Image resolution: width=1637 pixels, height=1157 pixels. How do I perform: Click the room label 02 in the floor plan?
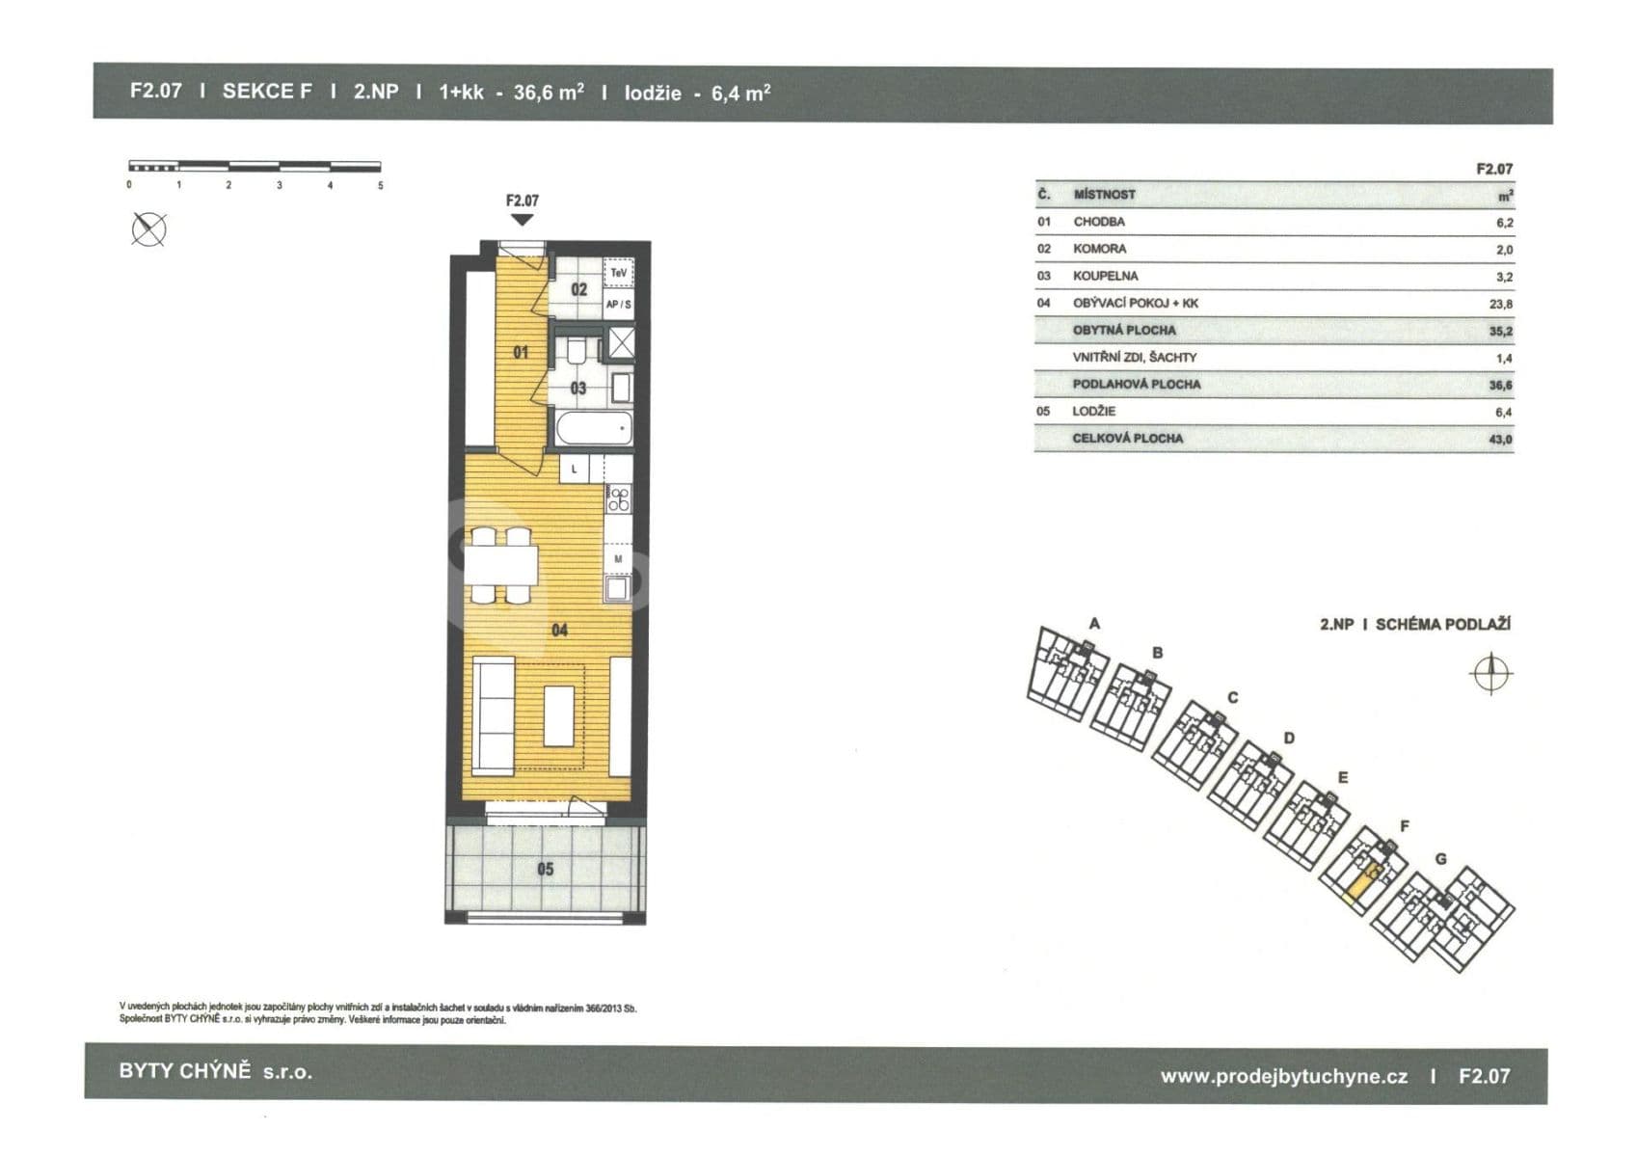click(578, 289)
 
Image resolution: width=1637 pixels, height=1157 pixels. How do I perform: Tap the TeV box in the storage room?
click(618, 273)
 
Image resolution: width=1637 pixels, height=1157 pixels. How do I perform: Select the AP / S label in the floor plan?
click(618, 304)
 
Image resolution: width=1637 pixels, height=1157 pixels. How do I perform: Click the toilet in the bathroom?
click(577, 351)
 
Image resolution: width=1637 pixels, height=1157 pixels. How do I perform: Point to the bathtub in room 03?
click(594, 428)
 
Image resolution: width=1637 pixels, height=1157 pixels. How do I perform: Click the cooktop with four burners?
click(618, 499)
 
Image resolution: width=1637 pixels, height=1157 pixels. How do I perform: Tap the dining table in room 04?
click(501, 565)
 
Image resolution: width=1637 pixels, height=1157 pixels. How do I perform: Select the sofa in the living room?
click(494, 716)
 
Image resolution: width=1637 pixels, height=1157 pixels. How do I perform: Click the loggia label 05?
click(545, 869)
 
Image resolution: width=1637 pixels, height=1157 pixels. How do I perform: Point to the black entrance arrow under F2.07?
click(522, 219)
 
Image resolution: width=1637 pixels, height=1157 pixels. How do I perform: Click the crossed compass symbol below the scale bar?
click(148, 229)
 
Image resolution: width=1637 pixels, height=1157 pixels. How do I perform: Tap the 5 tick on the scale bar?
click(381, 186)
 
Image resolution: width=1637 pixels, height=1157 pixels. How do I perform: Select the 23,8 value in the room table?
click(1501, 304)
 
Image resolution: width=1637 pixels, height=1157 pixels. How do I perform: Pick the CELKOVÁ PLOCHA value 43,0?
click(1501, 440)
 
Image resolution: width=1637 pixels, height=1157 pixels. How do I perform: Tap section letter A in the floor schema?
click(1094, 624)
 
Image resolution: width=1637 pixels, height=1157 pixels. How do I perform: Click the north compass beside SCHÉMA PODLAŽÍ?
click(1490, 673)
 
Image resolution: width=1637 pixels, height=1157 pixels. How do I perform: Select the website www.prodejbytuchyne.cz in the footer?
click(1284, 1077)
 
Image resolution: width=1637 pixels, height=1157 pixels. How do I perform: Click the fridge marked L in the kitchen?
click(575, 469)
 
